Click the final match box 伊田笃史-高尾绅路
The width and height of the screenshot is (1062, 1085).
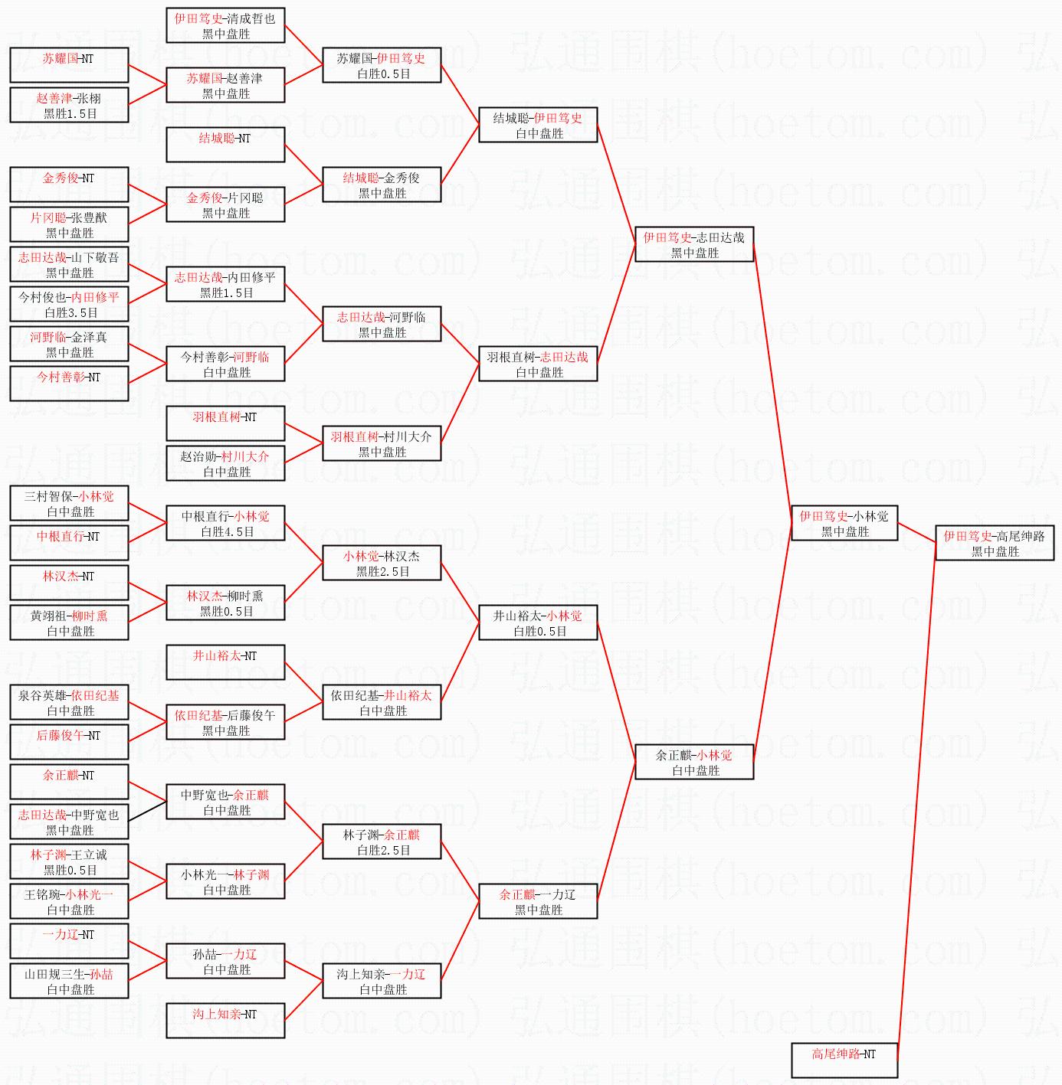(x=995, y=543)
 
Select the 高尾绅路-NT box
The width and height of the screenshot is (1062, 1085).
(x=844, y=1060)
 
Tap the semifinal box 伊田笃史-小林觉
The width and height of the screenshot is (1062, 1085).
(x=844, y=523)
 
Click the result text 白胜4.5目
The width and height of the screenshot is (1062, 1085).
(x=227, y=531)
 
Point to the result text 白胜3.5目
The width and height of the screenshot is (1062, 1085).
(x=70, y=312)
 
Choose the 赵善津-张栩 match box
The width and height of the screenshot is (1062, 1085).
(x=69, y=105)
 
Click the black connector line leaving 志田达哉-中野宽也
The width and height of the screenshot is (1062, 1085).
(x=147, y=811)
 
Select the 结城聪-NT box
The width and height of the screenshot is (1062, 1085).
(x=225, y=145)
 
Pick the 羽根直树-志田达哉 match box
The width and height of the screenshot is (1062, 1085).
(x=538, y=364)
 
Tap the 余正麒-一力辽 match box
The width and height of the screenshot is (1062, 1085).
(x=538, y=901)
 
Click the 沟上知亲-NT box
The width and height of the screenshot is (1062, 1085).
(x=225, y=1021)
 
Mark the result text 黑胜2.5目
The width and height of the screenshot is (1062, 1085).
(x=383, y=571)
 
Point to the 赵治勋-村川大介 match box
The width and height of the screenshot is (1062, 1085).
(x=225, y=462)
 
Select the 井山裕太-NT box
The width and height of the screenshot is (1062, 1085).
(x=225, y=662)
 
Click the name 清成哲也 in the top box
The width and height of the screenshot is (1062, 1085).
(x=251, y=18)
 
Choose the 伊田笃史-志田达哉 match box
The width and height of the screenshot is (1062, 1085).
(x=694, y=244)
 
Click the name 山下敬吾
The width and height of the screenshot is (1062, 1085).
(x=95, y=257)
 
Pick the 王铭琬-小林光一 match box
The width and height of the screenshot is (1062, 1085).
(x=69, y=901)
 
